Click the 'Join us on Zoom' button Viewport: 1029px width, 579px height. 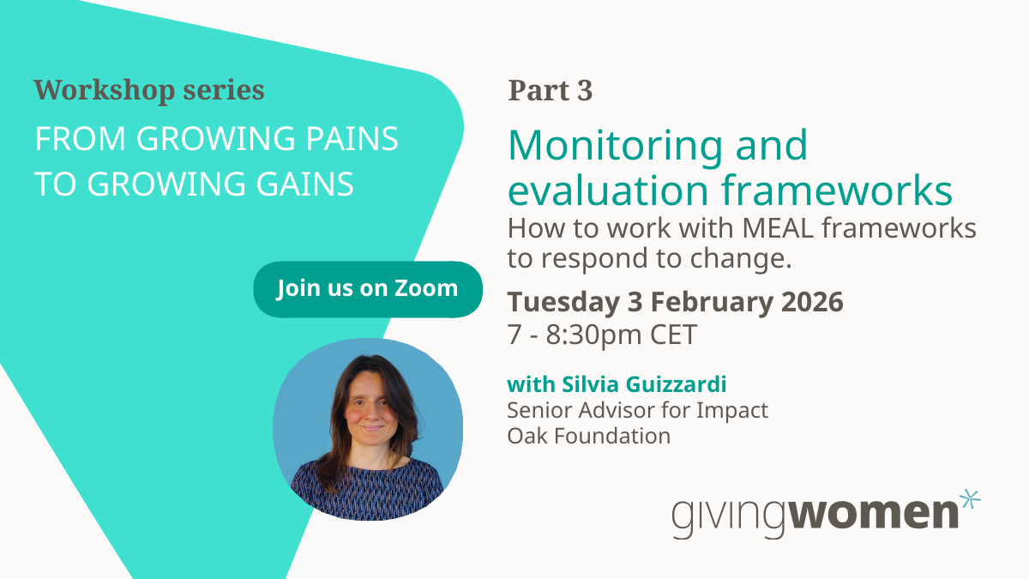368,289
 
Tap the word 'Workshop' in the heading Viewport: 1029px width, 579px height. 105,90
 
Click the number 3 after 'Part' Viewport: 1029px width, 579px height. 585,91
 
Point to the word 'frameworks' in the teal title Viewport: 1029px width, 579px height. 837,190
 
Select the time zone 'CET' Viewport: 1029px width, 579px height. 673,334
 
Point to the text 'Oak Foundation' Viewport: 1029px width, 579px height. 588,436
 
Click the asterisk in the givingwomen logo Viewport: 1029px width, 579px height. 969,499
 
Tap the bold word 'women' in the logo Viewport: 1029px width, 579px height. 873,513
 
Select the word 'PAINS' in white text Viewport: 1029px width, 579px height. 352,138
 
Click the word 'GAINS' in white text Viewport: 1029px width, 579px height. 304,184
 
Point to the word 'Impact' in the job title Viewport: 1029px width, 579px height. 732,410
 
